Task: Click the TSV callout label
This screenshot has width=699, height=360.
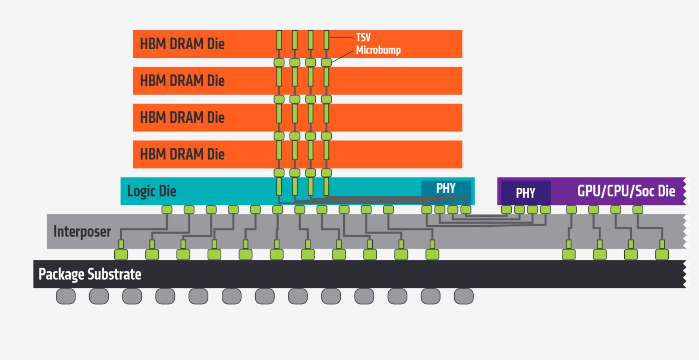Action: coord(363,38)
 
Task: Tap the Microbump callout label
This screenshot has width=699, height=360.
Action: coord(378,50)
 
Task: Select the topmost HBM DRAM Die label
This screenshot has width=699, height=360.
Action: coord(182,44)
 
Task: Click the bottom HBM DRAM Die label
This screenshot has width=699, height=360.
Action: coord(182,154)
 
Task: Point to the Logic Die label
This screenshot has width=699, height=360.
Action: coord(151,191)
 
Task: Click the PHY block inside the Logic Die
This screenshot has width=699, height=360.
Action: coord(446,188)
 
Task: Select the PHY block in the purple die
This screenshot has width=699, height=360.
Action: coord(526,193)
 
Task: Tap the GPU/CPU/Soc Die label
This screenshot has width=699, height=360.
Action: coord(626,191)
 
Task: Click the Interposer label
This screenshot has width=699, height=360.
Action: coord(82,232)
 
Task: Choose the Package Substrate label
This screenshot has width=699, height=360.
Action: coord(90,274)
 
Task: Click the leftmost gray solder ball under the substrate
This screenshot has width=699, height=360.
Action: coord(66,296)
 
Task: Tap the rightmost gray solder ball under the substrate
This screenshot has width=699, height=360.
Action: coord(464,296)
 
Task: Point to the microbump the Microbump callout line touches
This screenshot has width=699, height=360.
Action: coord(326,63)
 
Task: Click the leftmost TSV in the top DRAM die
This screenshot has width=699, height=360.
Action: coord(279,40)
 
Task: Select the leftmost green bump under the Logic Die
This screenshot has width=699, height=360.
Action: coord(167,209)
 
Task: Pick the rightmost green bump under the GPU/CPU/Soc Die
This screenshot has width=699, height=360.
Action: coord(638,209)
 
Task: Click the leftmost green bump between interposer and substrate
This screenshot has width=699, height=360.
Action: coord(121,254)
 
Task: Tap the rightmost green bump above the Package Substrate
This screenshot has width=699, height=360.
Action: coord(662,254)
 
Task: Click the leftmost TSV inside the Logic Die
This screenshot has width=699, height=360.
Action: coord(279,186)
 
